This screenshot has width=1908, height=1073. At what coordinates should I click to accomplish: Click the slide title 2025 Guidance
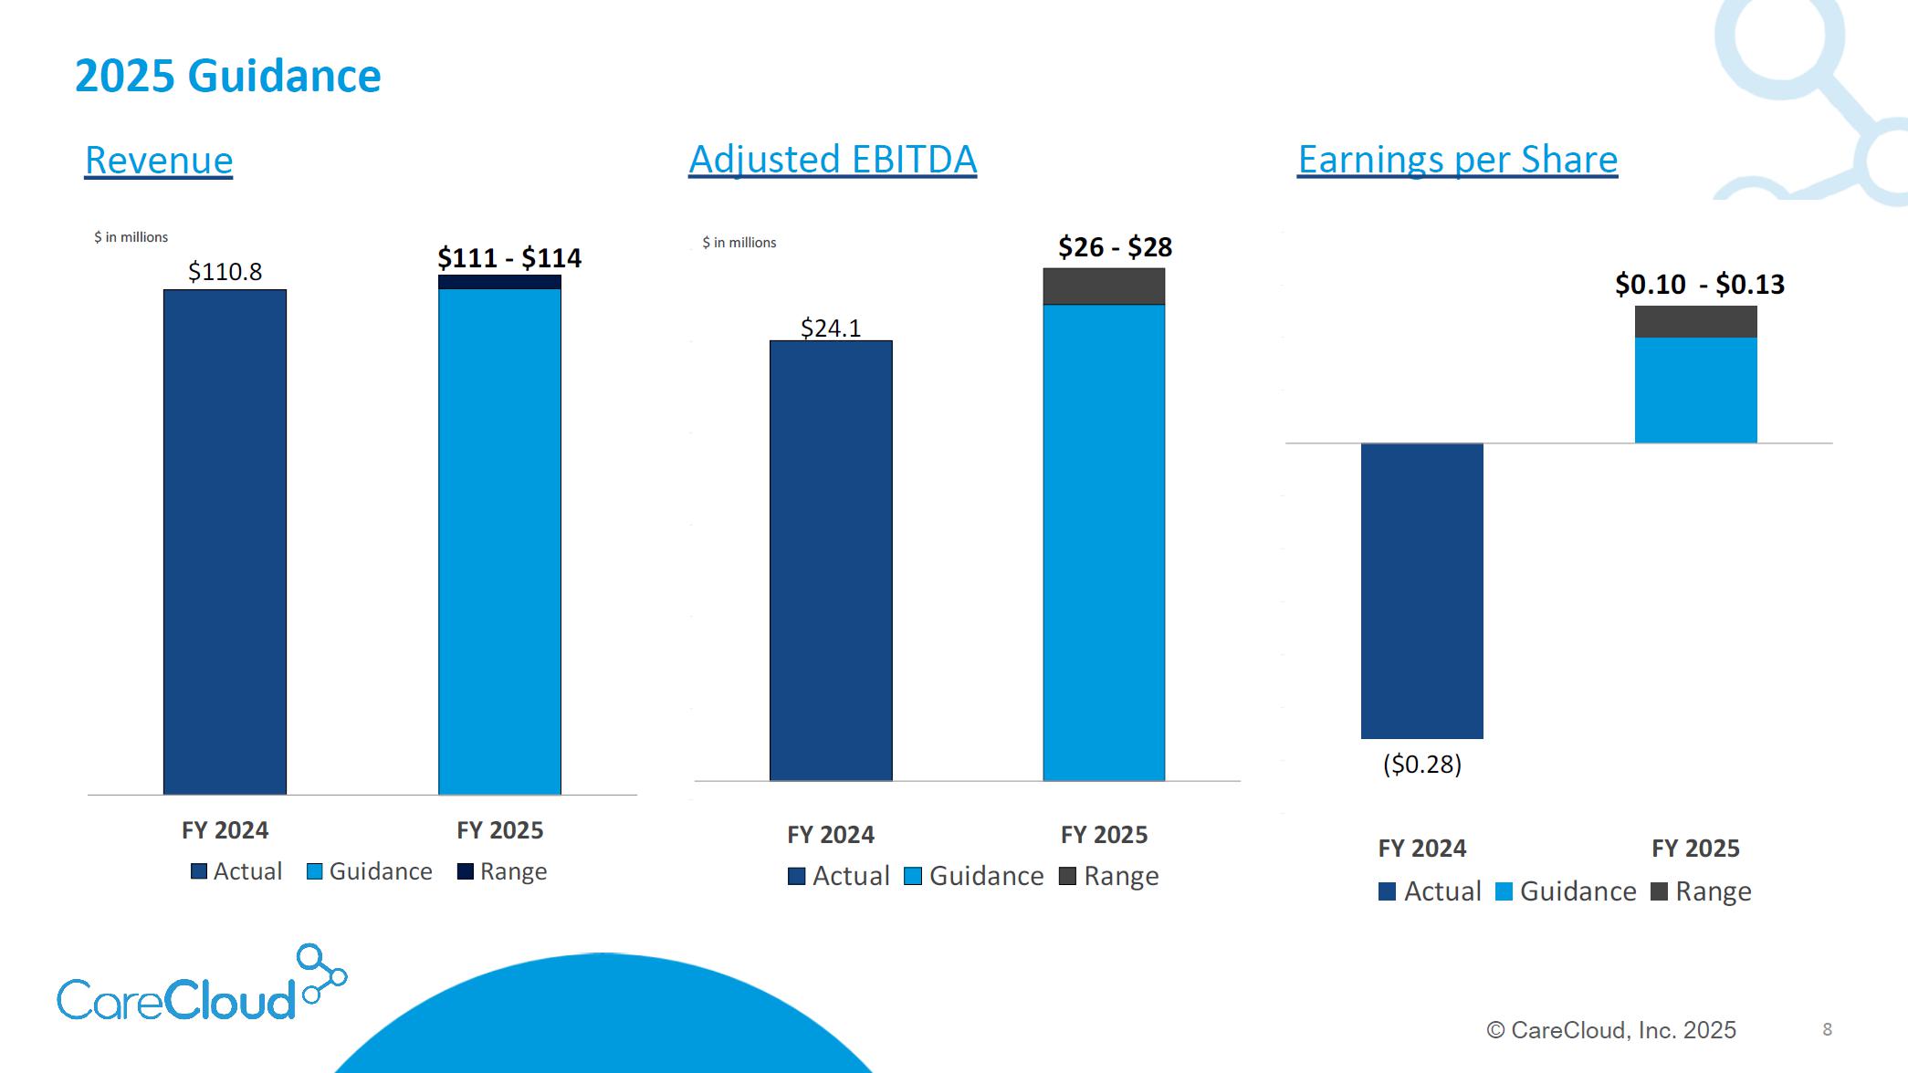(x=227, y=76)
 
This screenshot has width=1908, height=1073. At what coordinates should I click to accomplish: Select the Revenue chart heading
(x=159, y=161)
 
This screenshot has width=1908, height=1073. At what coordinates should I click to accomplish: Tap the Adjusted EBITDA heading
(x=833, y=160)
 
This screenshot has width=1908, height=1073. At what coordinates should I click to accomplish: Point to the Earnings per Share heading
(x=1457, y=160)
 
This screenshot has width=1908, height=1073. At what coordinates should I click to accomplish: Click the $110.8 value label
(x=225, y=272)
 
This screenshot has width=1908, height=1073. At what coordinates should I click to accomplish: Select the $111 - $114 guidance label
(x=508, y=258)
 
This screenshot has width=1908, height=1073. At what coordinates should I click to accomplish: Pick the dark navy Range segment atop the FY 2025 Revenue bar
(x=499, y=282)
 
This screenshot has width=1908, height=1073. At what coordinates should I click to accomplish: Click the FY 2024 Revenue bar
(x=225, y=542)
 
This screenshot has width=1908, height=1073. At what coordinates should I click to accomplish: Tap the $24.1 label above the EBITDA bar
(x=831, y=328)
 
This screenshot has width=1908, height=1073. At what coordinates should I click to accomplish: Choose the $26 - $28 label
(x=1115, y=247)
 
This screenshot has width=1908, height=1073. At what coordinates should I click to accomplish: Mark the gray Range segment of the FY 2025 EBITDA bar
(x=1104, y=286)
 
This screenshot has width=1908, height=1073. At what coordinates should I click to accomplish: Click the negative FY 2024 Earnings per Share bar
(x=1421, y=590)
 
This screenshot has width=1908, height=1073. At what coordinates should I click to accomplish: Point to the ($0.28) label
(x=1421, y=765)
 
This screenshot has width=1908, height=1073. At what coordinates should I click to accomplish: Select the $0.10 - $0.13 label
(x=1699, y=285)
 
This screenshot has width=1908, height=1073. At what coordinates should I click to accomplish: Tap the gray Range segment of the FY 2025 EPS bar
(x=1695, y=322)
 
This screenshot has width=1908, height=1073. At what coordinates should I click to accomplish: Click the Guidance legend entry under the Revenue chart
(x=370, y=871)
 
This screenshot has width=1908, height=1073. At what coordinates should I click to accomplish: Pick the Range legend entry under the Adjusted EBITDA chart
(x=1109, y=876)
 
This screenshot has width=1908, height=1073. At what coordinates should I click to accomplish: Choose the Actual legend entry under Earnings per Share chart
(x=1430, y=891)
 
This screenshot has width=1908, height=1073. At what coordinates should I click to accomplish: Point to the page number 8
(x=1827, y=1029)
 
